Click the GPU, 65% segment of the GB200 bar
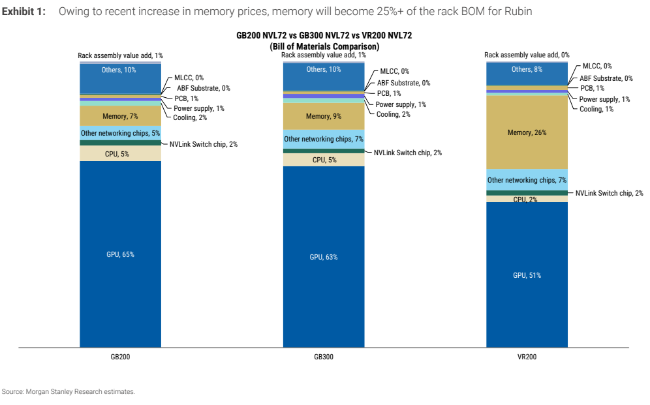pyautogui.click(x=120, y=254)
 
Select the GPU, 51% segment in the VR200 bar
pyautogui.click(x=527, y=275)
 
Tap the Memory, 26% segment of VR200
pyautogui.click(x=527, y=132)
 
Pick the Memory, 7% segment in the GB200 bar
pyautogui.click(x=120, y=116)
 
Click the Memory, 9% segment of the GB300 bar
pyautogui.click(x=324, y=116)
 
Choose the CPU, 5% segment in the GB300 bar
pyautogui.click(x=324, y=160)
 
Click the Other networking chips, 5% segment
pyautogui.click(x=120, y=133)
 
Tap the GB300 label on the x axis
pyautogui.click(x=323, y=357)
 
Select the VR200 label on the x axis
pyautogui.click(x=527, y=357)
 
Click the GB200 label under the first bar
pyautogui.click(x=120, y=357)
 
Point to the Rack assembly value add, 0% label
pyautogui.click(x=527, y=55)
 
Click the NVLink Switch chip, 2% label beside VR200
pyautogui.click(x=610, y=193)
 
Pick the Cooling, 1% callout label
pyautogui.click(x=596, y=109)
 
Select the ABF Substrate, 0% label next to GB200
pyautogui.click(x=204, y=88)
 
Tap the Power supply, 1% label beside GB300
pyautogui.click(x=401, y=104)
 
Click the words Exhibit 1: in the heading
pyautogui.click(x=23, y=11)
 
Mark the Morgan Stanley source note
pyautogui.click(x=69, y=391)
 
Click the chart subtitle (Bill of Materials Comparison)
pyautogui.click(x=324, y=46)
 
